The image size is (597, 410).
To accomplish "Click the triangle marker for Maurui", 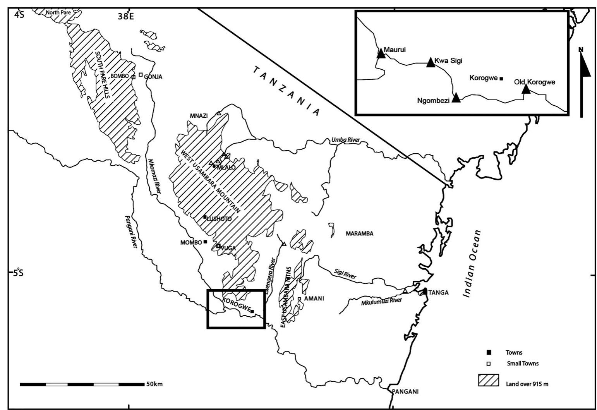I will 381,53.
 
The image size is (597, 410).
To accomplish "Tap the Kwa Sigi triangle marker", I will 431,63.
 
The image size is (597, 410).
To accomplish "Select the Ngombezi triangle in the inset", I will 456,98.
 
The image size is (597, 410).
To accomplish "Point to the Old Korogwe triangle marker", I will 526,89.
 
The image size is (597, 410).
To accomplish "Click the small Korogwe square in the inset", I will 501,79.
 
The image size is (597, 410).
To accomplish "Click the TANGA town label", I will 438,293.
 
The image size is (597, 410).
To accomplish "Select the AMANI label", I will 314,298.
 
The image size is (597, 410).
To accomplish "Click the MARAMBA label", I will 359,233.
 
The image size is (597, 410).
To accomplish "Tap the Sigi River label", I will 345,275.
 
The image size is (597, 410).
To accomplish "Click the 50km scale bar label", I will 154,384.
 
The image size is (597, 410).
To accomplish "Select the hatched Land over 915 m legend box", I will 488,380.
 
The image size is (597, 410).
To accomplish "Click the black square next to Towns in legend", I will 489,352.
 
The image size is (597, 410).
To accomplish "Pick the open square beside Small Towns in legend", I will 489,364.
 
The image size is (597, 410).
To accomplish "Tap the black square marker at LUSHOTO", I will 205,217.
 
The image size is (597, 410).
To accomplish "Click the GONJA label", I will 153,77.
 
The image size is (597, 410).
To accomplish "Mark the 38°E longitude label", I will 126,16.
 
